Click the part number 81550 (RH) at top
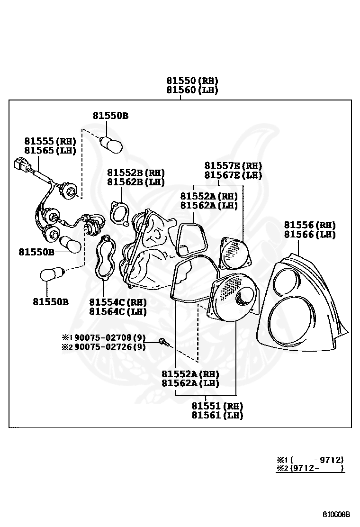[x=192, y=81]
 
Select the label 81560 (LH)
[x=192, y=90]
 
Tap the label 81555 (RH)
[x=50, y=141]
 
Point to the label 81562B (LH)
[x=135, y=182]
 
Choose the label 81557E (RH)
[x=233, y=165]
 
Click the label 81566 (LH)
[x=310, y=234]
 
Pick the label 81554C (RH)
[x=118, y=302]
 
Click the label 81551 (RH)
[x=217, y=406]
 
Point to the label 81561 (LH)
[x=217, y=415]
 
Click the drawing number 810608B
[x=336, y=514]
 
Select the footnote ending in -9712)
[x=310, y=459]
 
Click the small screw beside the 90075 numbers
[x=163, y=341]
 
